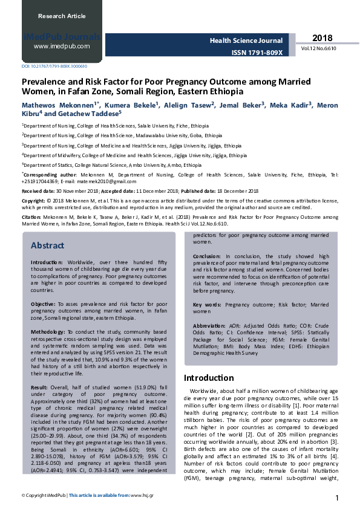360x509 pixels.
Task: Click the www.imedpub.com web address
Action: click(x=62, y=46)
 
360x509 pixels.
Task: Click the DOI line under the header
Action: click(x=54, y=66)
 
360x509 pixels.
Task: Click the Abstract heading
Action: click(x=48, y=246)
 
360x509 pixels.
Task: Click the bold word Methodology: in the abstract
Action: click(x=48, y=332)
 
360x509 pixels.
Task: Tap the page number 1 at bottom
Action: click(x=336, y=497)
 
